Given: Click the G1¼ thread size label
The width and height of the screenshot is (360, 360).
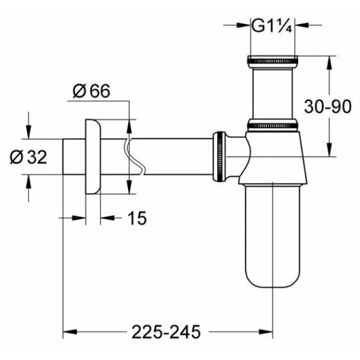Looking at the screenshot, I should pos(271,26).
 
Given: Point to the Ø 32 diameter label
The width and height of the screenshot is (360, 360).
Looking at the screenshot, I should pos(28,157).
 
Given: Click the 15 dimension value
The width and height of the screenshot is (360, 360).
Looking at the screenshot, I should pos(137,218).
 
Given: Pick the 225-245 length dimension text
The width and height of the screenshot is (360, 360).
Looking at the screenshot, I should pos(167,331).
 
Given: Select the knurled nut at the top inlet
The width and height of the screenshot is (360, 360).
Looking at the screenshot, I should pos(272,60).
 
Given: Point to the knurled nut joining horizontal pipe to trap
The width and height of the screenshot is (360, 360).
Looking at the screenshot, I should pos(220,156).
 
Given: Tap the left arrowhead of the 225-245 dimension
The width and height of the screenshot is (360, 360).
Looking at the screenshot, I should pos(68,331).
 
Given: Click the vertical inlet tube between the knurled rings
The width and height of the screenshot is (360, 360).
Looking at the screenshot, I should pos(272,93).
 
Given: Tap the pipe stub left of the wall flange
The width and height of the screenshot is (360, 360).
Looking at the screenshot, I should pos(73,156).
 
